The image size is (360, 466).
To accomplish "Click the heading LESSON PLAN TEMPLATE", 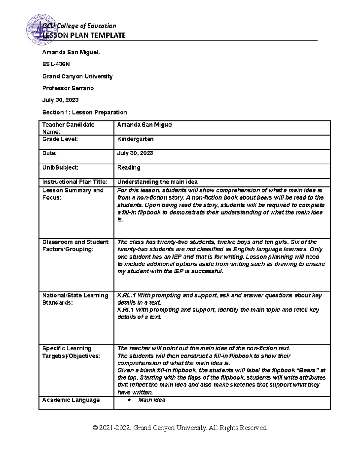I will tap(84, 35).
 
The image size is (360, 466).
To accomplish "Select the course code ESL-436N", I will tap(56, 64).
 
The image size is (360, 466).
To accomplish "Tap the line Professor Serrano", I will tap(68, 88).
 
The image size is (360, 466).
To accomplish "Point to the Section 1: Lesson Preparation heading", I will tap(84, 112).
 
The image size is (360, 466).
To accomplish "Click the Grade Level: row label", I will tap(60, 139).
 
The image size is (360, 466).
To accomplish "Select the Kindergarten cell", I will tap(135, 139).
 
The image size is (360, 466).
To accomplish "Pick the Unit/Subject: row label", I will tap(60, 167).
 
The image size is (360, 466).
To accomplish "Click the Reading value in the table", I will tap(129, 167).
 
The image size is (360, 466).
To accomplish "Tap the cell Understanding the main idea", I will tap(157, 182).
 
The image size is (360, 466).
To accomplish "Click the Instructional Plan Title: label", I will tap(74, 182).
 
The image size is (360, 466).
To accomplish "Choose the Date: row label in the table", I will tap(49, 153).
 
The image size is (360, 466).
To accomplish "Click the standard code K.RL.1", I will tap(126, 296).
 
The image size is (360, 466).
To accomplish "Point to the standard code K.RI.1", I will tap(126, 310).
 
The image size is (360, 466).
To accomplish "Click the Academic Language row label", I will tap(71, 400).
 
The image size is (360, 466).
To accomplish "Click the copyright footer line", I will tap(180, 428).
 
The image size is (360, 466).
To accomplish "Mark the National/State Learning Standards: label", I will tap(75, 299).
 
